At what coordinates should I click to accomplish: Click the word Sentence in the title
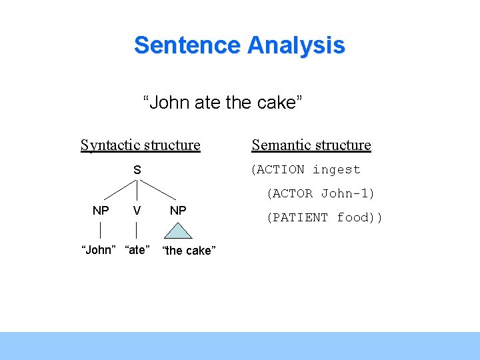pos(187,45)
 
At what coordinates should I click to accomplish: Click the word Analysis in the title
pos(296,45)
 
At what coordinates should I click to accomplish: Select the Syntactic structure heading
pos(140,145)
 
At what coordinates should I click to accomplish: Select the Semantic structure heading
pos(311,145)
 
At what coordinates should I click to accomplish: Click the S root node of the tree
pos(137,170)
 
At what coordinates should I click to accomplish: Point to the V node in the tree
pos(137,211)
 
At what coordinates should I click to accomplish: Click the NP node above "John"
pos(101,211)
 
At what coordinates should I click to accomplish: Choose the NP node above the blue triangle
pos(178,211)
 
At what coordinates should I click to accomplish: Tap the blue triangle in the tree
pos(178,232)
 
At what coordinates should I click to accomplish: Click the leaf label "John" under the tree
pos(99,251)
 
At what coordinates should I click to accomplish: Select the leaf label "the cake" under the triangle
pos(189,251)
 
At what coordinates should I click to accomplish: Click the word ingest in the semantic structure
pos(336,170)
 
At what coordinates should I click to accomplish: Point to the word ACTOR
pos(293,194)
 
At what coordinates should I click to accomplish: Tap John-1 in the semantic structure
pos(347,194)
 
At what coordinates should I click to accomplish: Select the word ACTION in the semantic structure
pos(279,170)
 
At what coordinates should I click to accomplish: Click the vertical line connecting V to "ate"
pos(137,230)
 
